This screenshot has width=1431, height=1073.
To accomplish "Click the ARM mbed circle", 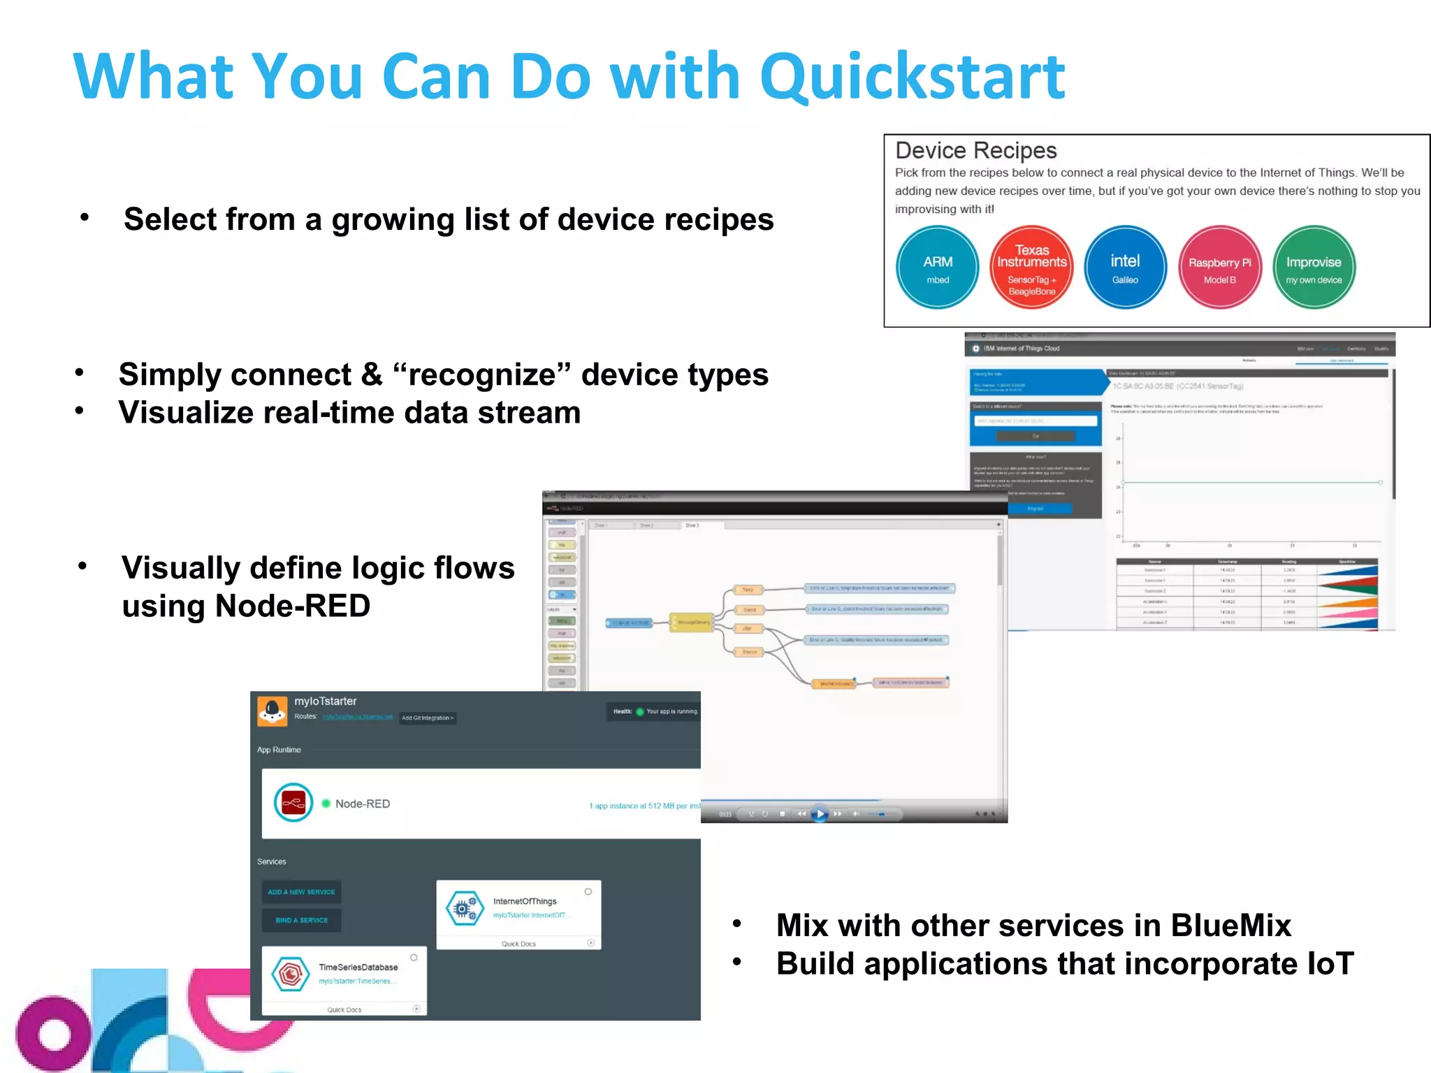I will click(x=937, y=267).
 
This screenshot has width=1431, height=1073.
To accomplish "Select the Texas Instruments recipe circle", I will click(x=1031, y=267).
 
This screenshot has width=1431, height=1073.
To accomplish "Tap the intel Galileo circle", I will click(x=1125, y=267).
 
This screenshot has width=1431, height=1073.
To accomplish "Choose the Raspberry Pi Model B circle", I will click(x=1219, y=267).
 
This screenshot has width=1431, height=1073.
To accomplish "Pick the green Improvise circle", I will click(x=1314, y=267).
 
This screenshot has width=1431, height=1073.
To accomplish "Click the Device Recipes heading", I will click(x=975, y=150).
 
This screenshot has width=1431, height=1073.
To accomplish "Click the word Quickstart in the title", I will click(x=912, y=77).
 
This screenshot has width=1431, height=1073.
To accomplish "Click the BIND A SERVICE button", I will click(x=301, y=920).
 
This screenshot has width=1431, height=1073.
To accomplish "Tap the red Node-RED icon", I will click(x=293, y=803).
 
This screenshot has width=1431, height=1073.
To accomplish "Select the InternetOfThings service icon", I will click(x=465, y=908).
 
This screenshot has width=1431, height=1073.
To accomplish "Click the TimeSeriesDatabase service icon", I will click(x=290, y=974).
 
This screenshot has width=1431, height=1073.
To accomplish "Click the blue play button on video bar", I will click(x=820, y=814).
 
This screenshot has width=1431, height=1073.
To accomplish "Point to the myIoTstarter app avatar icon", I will click(x=272, y=710).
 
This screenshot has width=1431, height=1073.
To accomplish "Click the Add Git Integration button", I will click(x=428, y=717).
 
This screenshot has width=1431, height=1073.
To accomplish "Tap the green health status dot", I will click(x=639, y=712).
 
